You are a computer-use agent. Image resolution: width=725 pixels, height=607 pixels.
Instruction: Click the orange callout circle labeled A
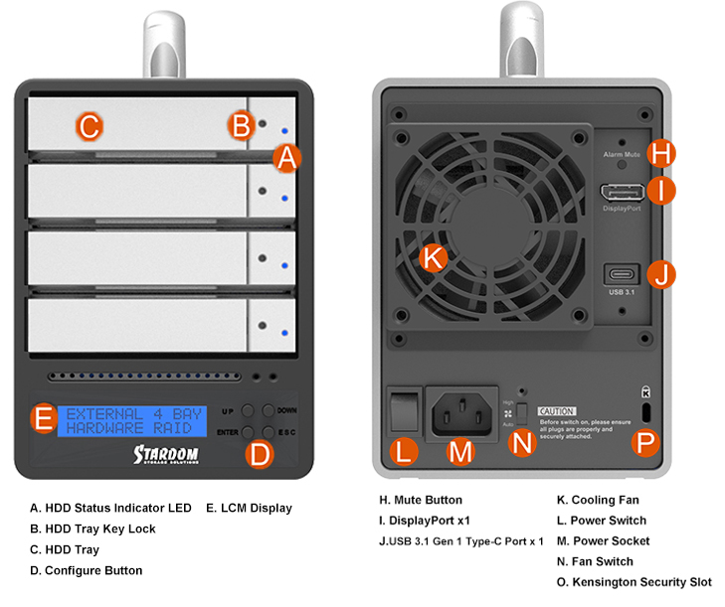286,157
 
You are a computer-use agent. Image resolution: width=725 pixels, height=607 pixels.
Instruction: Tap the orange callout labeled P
646,443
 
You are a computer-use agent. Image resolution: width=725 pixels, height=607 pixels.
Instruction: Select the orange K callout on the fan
432,257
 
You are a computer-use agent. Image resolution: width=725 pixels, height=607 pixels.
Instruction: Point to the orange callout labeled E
42,418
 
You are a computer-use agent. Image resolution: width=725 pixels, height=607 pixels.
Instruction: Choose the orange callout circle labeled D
259,456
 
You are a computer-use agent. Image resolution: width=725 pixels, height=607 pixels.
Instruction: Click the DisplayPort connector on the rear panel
622,192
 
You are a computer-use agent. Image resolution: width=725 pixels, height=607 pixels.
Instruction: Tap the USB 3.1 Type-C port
622,273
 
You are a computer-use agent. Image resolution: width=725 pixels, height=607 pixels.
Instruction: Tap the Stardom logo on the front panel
168,454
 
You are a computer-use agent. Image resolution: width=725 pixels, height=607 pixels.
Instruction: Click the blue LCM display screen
131,419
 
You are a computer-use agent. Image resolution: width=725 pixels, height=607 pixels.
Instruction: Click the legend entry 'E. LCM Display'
249,508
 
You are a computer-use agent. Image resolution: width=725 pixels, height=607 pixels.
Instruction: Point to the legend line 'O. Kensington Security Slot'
634,582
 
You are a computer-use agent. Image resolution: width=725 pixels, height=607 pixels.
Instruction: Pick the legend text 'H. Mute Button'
421,500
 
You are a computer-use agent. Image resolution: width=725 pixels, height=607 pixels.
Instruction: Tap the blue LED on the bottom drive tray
284,333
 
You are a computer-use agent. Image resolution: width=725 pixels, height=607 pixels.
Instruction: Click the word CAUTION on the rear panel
557,411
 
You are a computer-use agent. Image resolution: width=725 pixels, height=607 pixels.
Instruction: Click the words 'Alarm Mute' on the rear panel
622,156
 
